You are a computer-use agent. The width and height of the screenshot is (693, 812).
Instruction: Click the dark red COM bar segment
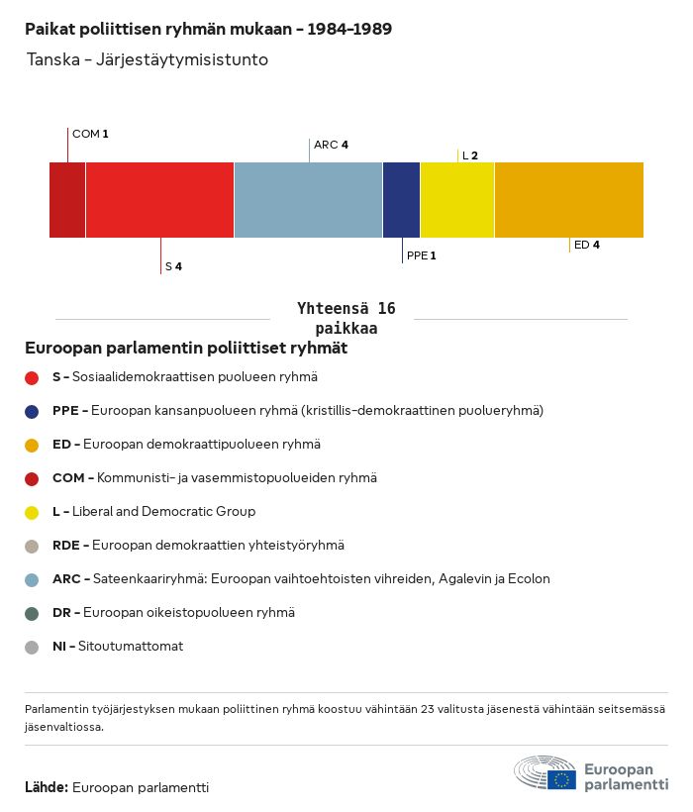click(67, 200)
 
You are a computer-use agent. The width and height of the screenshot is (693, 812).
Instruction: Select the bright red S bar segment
click(160, 200)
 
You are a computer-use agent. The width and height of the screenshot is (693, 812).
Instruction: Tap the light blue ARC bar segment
click(309, 200)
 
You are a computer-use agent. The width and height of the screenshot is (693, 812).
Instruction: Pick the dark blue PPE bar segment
click(402, 200)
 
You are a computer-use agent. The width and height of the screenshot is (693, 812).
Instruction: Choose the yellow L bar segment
click(457, 200)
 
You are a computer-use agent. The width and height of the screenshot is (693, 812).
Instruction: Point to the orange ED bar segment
click(569, 200)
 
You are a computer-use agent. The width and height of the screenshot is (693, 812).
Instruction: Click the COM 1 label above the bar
click(90, 134)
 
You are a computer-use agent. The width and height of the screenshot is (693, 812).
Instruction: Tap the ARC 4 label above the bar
click(332, 145)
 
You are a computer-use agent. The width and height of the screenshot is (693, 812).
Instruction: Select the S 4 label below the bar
click(173, 266)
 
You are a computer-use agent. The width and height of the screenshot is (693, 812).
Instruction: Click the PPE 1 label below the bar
click(422, 255)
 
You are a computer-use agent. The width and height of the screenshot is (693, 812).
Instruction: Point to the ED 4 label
click(587, 245)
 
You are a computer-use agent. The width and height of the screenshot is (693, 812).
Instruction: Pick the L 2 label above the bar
click(470, 155)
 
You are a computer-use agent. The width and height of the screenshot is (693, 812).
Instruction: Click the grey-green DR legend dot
click(32, 614)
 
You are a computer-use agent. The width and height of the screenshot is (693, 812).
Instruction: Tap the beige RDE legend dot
click(32, 547)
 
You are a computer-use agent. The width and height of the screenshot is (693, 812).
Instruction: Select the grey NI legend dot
click(32, 648)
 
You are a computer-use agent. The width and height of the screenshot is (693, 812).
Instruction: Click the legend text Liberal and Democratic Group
click(164, 512)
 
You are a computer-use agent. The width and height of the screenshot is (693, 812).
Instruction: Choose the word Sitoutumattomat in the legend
click(131, 647)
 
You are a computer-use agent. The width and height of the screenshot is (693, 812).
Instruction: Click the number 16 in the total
click(387, 309)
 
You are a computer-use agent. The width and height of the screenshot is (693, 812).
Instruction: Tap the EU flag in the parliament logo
click(561, 779)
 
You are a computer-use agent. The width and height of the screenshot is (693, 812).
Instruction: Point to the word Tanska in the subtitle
click(53, 59)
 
